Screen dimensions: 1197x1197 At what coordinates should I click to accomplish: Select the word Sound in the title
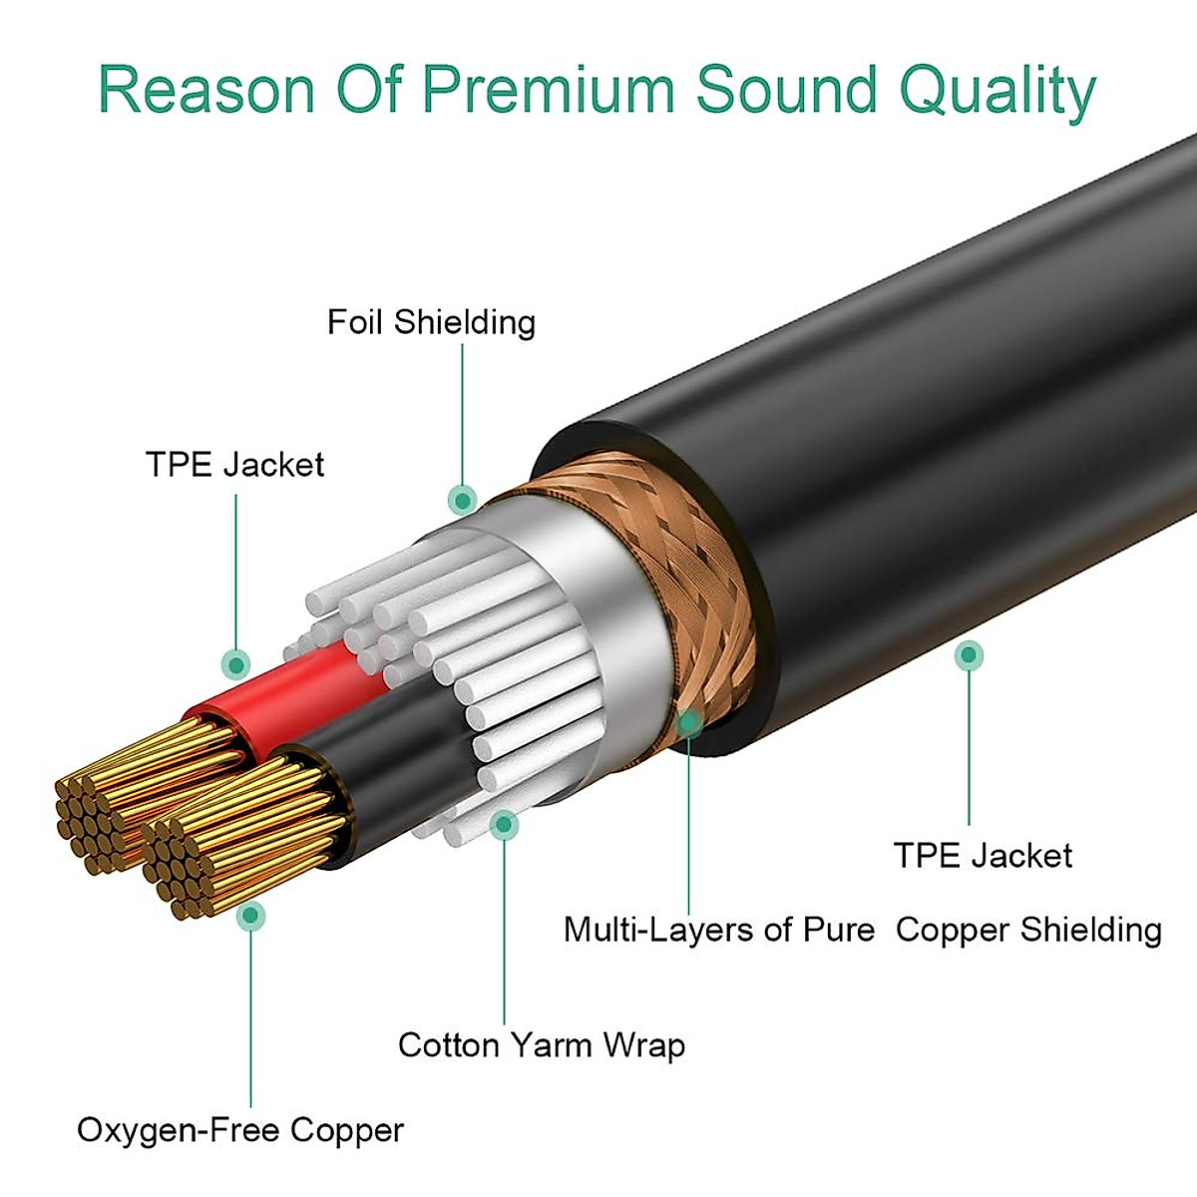tap(786, 90)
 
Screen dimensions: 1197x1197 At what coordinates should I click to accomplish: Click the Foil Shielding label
tap(431, 322)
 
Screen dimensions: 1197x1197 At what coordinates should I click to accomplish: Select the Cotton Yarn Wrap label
tap(542, 1045)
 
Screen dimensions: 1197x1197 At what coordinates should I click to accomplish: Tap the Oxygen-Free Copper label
tap(240, 1130)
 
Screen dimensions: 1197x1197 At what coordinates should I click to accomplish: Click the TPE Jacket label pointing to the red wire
tap(234, 465)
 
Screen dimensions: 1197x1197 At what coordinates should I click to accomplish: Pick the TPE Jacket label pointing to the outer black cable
tap(983, 856)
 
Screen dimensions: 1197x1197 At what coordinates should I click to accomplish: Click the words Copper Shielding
tap(1028, 930)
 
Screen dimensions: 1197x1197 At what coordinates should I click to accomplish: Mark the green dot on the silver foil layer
tap(462, 499)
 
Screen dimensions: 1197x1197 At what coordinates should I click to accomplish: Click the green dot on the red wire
tap(236, 663)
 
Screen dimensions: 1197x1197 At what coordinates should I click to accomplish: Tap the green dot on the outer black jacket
tap(969, 655)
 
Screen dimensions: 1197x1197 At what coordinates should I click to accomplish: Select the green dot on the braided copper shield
tap(688, 723)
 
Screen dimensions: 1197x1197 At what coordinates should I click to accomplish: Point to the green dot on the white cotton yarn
tap(505, 825)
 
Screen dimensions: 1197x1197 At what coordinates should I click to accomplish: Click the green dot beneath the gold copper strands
tap(251, 915)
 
